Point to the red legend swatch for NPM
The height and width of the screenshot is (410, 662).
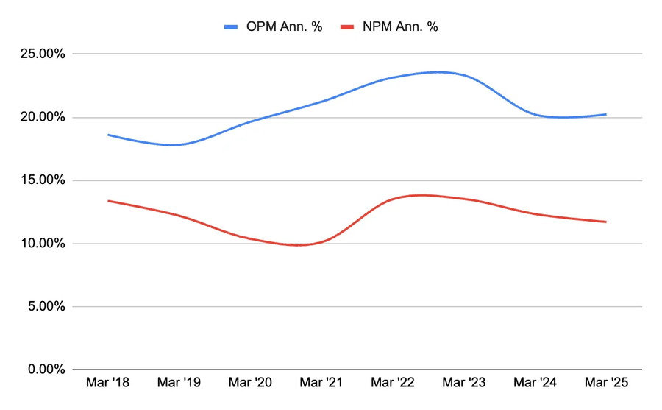(351, 27)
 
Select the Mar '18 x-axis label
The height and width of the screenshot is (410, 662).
(108, 384)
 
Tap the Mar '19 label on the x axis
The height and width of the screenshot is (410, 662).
(179, 384)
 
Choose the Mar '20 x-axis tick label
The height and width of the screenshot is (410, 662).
(250, 384)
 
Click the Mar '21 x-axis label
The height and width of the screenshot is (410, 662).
(321, 384)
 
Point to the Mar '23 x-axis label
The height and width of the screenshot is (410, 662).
(463, 384)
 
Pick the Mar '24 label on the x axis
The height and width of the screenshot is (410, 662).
(535, 384)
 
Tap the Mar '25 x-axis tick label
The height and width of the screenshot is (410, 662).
(605, 384)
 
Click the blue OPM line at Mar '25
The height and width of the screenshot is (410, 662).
(605, 114)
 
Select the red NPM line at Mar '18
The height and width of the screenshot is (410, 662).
(108, 201)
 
